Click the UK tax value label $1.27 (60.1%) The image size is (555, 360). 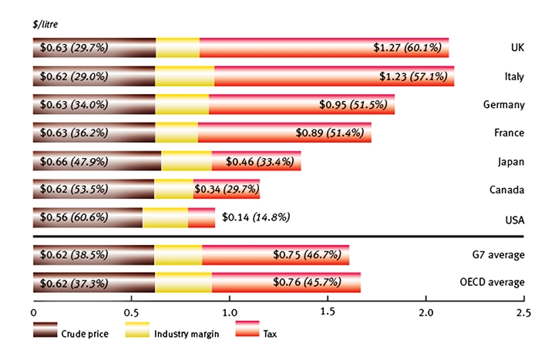coord(408,48)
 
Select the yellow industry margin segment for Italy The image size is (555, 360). coord(185,76)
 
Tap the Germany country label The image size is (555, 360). coord(503,105)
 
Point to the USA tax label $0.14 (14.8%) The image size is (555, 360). coord(256,217)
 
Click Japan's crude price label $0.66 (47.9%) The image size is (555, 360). coord(74,161)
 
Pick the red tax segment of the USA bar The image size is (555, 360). coord(201,217)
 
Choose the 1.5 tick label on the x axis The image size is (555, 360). coord(328,311)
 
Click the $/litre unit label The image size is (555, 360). coord(45,24)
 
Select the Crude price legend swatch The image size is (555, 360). coord(45,330)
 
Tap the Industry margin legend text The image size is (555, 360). coord(187,334)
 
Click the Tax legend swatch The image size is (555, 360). coord(247,328)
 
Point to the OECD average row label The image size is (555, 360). coord(492,282)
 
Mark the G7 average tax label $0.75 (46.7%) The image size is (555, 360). coord(307,254)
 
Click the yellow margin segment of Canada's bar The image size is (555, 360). coord(173,189)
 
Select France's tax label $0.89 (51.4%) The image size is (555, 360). coord(330,133)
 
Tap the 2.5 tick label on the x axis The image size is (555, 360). coord(524,313)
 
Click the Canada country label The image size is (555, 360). coord(507,190)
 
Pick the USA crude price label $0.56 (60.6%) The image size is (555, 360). coord(74,217)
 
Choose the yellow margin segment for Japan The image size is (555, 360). coord(187,160)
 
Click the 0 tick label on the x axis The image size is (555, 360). coord(34,313)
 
